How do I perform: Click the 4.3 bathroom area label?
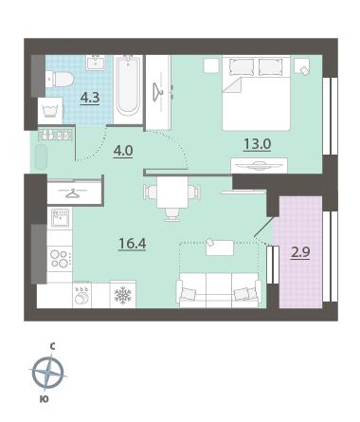90,98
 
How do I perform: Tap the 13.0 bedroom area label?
257,144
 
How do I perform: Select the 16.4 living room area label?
132,244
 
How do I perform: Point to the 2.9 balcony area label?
300,252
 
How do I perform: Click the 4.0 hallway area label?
123,151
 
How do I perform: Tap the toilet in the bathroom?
60,79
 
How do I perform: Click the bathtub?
128,86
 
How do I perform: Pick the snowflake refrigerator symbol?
123,294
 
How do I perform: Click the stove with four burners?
60,258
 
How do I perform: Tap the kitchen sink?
60,218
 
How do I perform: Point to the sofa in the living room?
219,290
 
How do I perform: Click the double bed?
256,93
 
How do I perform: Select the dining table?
172,193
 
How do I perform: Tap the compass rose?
48,372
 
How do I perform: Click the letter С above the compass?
52,347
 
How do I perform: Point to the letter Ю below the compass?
44,399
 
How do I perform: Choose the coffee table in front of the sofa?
220,248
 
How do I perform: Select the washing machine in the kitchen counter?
81,295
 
